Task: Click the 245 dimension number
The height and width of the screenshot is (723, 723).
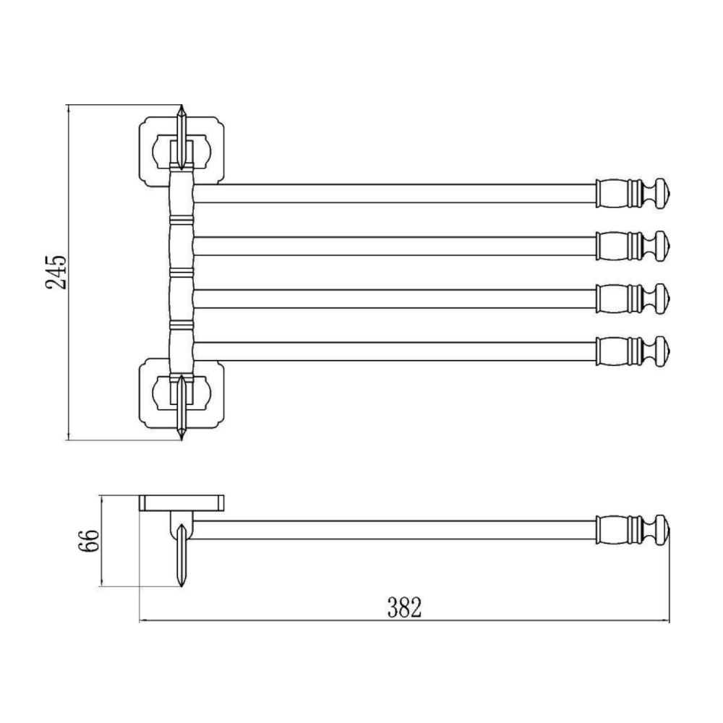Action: (x=56, y=272)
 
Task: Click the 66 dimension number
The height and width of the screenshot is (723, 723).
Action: (x=88, y=541)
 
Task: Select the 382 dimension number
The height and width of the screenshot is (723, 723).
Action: (x=404, y=607)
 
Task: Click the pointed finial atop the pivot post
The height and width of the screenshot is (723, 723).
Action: (x=181, y=137)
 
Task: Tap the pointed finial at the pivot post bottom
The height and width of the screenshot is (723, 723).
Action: (x=181, y=408)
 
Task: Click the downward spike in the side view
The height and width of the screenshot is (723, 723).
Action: (x=181, y=556)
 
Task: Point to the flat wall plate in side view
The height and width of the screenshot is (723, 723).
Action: (x=181, y=503)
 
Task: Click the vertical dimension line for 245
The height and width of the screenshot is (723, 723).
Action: (x=68, y=273)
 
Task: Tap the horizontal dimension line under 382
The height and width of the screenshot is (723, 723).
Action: (x=404, y=621)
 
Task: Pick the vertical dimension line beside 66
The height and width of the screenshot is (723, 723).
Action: (x=101, y=541)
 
